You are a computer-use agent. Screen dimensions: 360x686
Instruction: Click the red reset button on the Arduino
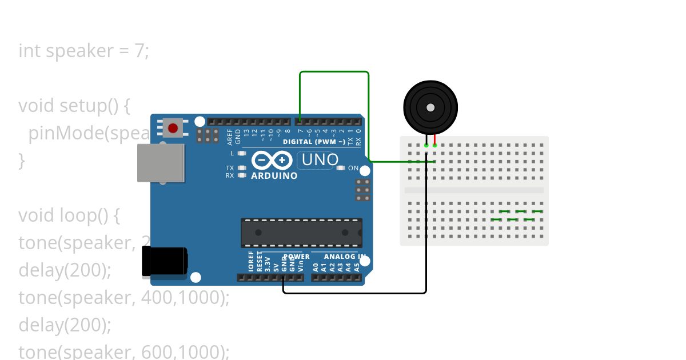tap(173, 127)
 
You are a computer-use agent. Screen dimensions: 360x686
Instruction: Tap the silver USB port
tap(161, 163)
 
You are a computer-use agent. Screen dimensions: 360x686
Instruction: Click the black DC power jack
tap(164, 263)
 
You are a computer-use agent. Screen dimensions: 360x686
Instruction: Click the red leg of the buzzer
tap(435, 139)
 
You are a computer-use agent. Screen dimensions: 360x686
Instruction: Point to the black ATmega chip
tap(301, 233)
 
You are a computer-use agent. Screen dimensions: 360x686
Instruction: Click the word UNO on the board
tap(320, 160)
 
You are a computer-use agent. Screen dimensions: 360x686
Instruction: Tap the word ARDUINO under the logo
tap(274, 176)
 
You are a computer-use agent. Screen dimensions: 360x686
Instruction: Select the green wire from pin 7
tap(334, 72)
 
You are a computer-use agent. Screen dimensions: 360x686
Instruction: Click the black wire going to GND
tap(354, 293)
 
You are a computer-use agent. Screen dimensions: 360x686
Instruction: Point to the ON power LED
tap(341, 168)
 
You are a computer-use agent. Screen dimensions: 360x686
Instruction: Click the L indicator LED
tap(242, 153)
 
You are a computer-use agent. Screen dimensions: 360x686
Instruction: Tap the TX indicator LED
tap(242, 168)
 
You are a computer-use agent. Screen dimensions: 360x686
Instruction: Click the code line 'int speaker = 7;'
tap(83, 51)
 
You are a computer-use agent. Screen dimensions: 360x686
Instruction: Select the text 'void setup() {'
tap(75, 106)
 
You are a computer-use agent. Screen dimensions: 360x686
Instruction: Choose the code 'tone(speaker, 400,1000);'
tap(123, 298)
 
